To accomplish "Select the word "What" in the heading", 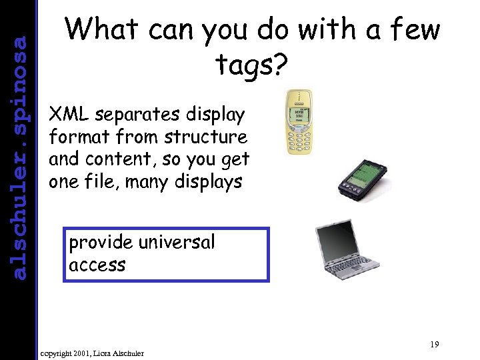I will point(103,30).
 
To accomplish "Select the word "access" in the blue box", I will point(97,265).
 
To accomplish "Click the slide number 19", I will point(434,345).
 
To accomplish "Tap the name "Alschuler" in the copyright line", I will point(126,352).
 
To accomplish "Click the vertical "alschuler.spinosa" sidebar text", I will point(20,157).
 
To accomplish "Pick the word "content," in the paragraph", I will point(119,159).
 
